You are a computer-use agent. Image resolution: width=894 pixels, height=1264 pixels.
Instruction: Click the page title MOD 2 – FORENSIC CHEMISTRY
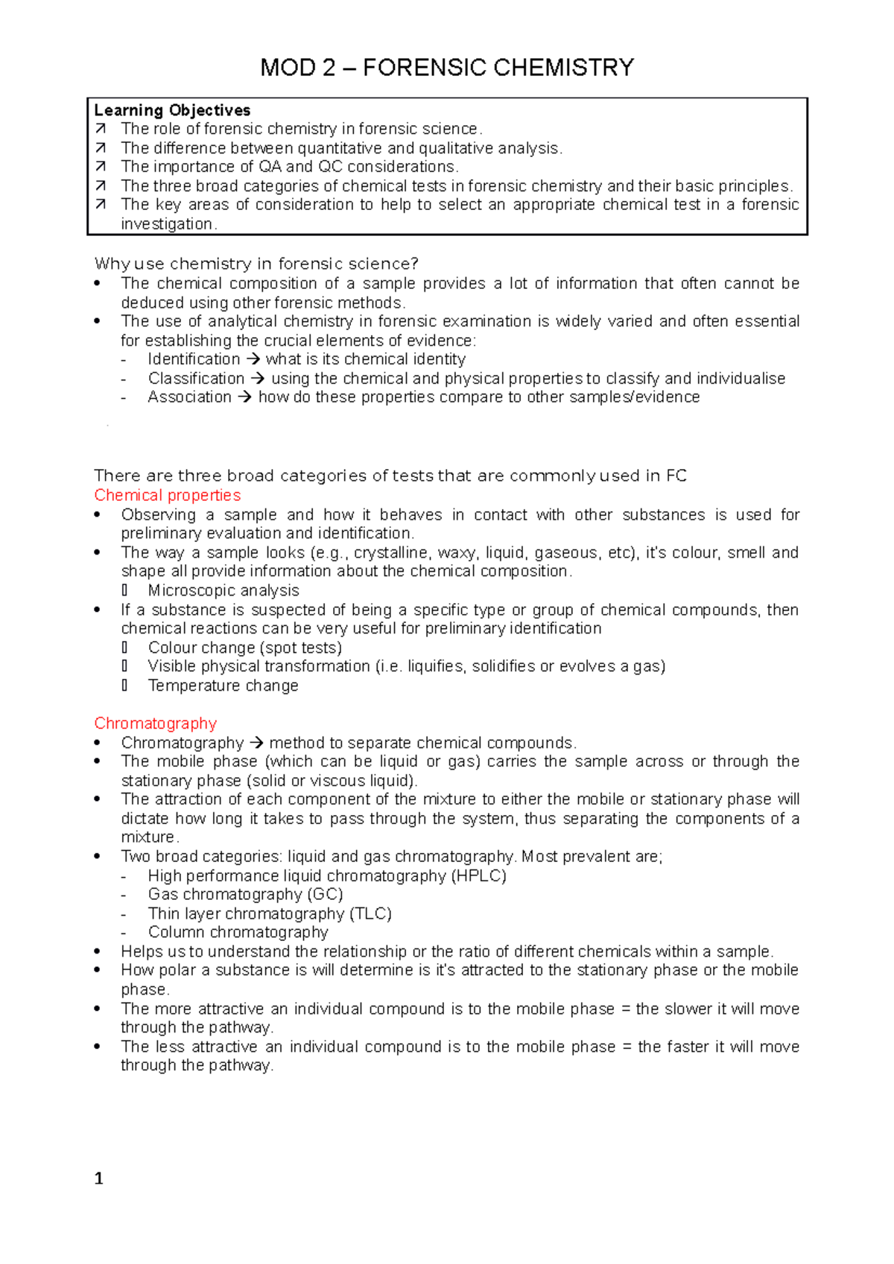(447, 68)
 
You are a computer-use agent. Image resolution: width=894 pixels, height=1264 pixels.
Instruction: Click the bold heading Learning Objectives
(172, 110)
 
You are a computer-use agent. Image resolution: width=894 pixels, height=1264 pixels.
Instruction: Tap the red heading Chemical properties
(168, 495)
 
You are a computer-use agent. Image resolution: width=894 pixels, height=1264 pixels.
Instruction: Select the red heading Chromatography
(156, 724)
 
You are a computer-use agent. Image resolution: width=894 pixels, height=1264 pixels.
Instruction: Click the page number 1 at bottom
(99, 1178)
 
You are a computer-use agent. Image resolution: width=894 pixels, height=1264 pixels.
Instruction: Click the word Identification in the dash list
(194, 359)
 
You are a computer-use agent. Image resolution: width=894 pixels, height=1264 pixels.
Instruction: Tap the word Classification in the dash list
(196, 378)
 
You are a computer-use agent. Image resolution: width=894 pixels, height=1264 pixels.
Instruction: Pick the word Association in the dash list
(190, 397)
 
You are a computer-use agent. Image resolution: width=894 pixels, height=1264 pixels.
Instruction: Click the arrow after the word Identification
(253, 360)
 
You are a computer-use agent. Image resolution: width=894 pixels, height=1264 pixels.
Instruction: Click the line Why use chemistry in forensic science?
(256, 264)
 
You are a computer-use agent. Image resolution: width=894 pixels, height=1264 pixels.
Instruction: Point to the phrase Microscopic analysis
(223, 590)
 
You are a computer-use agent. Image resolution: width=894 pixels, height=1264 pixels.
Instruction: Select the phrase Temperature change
(223, 686)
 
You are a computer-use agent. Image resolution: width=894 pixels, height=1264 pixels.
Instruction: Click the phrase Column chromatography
(238, 932)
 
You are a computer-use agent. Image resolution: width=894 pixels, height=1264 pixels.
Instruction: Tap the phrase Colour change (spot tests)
(245, 648)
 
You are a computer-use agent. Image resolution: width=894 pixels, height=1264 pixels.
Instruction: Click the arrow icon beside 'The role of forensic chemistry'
(101, 129)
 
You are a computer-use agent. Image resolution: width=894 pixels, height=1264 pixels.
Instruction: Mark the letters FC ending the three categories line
(676, 476)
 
